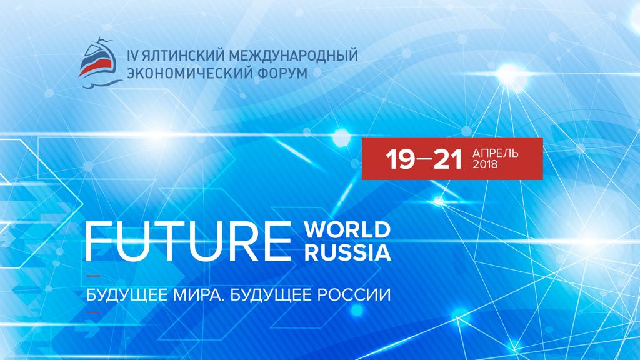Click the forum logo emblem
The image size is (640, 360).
point(99,63)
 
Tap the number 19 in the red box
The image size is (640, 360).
point(401,159)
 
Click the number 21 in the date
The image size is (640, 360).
point(447,159)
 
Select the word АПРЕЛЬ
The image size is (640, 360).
point(495,153)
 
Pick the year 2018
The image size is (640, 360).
point(485,164)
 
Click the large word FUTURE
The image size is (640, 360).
point(188,241)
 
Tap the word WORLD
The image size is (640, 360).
point(347,230)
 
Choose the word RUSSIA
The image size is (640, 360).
point(347,252)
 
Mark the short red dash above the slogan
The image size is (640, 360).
point(93,276)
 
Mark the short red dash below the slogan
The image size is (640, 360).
point(93,312)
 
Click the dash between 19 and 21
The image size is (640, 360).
point(424,159)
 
